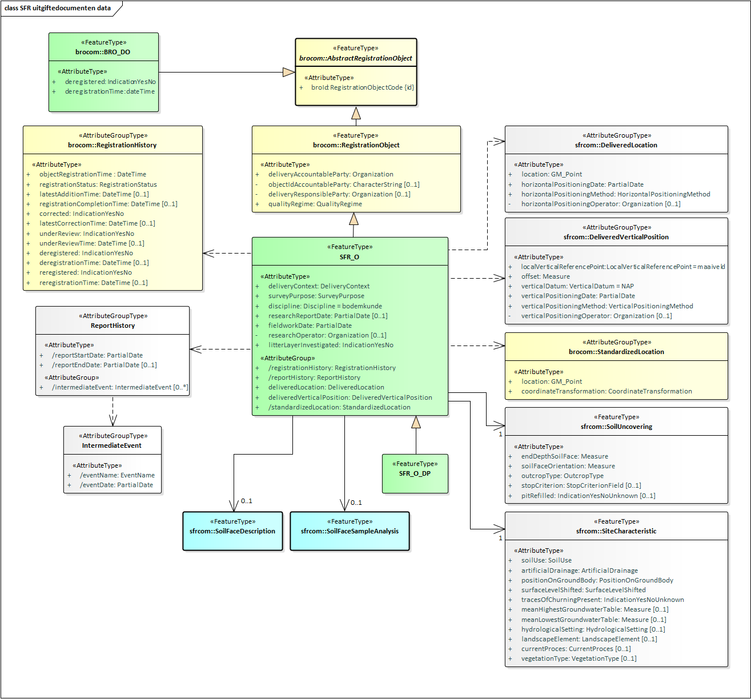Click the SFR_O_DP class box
click(x=415, y=473)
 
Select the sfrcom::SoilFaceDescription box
click(x=232, y=531)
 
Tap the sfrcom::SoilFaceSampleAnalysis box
click(x=350, y=531)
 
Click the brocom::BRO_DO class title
click(x=103, y=52)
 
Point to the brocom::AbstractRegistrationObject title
click(x=355, y=58)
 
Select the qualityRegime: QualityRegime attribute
click(x=315, y=204)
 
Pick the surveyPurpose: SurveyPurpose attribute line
click(x=316, y=296)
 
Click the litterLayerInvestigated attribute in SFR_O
click(x=331, y=345)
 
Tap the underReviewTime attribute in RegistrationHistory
click(x=91, y=243)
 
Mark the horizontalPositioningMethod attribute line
click(x=616, y=194)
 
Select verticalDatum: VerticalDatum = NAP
click(x=577, y=286)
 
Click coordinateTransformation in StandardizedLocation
click(x=607, y=391)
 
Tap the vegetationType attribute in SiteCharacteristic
click(x=579, y=658)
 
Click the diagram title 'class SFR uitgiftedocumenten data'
click(x=58, y=8)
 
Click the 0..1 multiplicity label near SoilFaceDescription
click(x=246, y=501)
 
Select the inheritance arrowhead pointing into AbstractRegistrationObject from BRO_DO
click(x=288, y=72)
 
